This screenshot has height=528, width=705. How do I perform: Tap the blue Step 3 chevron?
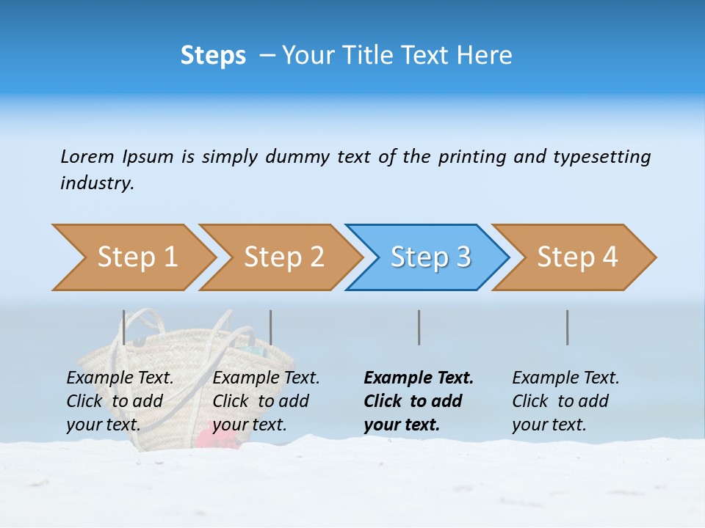pos(430,257)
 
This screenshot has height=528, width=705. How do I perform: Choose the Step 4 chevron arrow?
pos(577,257)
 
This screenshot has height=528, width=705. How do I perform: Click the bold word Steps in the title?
pos(213,56)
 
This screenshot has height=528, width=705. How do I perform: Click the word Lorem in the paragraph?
pos(87,156)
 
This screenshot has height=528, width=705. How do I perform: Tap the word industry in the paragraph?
pos(97,183)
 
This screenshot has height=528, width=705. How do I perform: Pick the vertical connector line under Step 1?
pos(124,327)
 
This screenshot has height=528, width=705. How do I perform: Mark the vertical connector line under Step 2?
pos(271,327)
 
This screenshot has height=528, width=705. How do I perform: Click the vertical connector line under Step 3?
pos(419,327)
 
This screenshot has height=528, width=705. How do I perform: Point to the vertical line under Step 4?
pos(567,327)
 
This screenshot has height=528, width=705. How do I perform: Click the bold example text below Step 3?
pos(418,401)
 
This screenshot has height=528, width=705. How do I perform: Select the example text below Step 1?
pos(120,401)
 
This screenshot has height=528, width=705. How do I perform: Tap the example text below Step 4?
pos(565,401)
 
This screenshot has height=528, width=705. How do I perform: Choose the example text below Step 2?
pos(266,401)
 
